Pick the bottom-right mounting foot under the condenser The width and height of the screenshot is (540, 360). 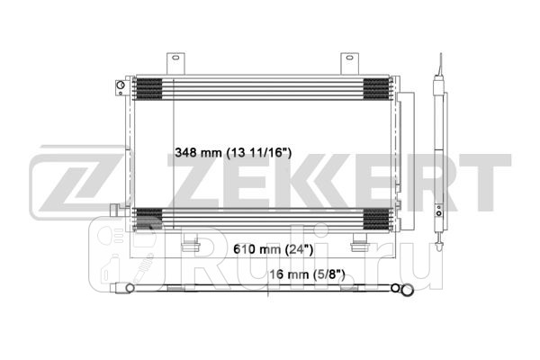point(358,244)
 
